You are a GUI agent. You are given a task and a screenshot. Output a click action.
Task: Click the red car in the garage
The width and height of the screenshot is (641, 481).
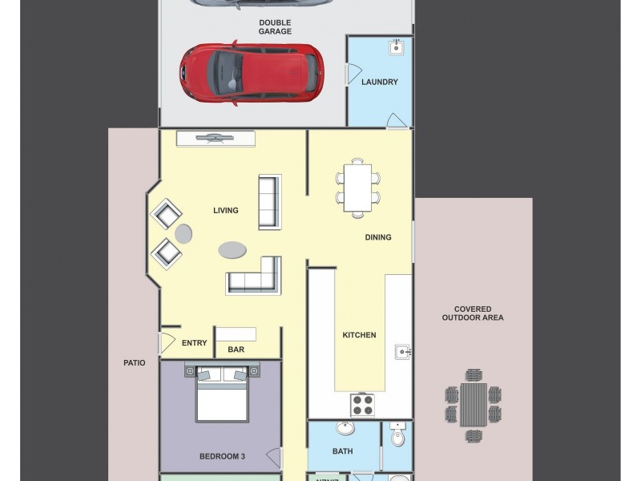pyautogui.click(x=251, y=73)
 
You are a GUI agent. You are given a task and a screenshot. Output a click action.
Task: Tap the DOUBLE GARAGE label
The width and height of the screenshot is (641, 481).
pyautogui.click(x=274, y=26)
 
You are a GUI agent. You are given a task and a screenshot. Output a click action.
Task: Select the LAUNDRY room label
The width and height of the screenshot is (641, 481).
pyautogui.click(x=379, y=82)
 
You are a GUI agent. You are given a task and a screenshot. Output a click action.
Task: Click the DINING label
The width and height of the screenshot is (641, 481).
pyautogui.click(x=377, y=237)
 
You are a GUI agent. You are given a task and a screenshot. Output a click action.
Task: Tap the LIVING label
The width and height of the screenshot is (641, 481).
pyautogui.click(x=225, y=211)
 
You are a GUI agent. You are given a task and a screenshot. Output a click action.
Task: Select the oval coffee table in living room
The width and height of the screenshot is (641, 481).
pyautogui.click(x=232, y=250)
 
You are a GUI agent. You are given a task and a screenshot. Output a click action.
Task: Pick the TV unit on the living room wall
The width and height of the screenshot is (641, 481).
pyautogui.click(x=216, y=139)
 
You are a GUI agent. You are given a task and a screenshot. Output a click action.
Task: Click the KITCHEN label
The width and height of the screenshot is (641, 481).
pyautogui.click(x=359, y=335)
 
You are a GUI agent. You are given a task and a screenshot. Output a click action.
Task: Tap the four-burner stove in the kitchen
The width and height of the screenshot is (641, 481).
pyautogui.click(x=363, y=405)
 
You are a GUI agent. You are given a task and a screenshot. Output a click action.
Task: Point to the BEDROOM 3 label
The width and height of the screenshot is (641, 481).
pyautogui.click(x=221, y=456)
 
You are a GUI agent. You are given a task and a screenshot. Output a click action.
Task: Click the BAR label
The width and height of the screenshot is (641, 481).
pyautogui.click(x=236, y=350)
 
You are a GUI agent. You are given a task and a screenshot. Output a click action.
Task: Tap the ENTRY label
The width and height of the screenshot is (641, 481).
pyautogui.click(x=194, y=343)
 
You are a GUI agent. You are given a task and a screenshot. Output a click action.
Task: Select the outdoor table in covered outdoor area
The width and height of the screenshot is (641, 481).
pyautogui.click(x=473, y=405)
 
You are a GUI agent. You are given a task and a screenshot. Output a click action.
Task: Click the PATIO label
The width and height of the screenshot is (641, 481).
pyautogui.click(x=135, y=362)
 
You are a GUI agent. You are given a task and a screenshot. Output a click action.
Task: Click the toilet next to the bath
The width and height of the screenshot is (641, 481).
pyautogui.click(x=397, y=438)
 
